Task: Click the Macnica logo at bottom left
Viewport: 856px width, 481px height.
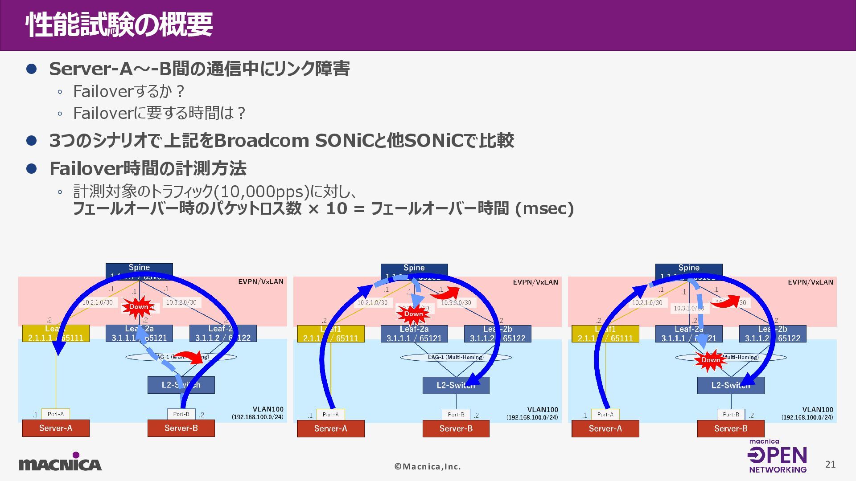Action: pos(60,462)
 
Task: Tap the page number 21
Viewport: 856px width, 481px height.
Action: pos(830,465)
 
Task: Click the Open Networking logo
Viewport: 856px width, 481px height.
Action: pos(778,456)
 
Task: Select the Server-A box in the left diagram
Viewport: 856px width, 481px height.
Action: pos(56,428)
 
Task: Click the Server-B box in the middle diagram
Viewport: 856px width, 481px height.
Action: pos(456,428)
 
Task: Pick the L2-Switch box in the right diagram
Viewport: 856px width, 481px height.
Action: pos(730,385)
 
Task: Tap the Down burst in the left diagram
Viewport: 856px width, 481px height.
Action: pos(139,307)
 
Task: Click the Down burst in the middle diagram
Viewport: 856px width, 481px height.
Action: pos(413,314)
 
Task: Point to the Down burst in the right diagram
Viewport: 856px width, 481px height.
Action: pos(710,360)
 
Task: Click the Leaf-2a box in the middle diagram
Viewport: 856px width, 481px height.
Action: pos(414,334)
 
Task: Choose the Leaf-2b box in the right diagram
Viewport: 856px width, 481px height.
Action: pos(772,334)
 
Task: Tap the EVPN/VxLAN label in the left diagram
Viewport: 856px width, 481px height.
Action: pos(261,281)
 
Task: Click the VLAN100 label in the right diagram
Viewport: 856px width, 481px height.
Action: pos(817,410)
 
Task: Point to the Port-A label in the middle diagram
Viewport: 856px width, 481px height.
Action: pos(330,414)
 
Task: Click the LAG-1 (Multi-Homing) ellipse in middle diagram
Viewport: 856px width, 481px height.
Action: pos(456,357)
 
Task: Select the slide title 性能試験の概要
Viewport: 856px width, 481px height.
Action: pos(119,25)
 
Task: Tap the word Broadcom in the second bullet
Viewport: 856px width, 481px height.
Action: pos(262,141)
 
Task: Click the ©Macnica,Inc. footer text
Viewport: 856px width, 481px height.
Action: pos(428,467)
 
